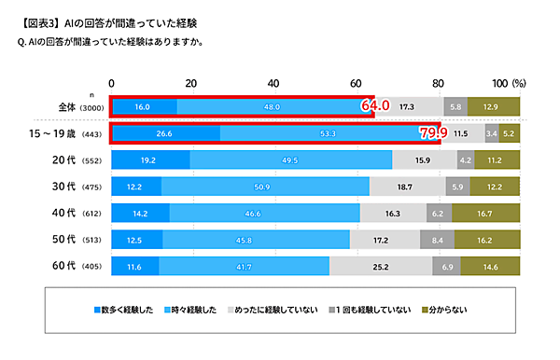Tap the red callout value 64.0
click(374, 106)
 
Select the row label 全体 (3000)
click(81, 108)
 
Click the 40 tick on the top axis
click(273, 81)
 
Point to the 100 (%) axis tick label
click(509, 81)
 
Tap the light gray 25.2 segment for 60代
click(381, 267)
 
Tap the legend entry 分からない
click(446, 309)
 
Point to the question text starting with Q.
click(122, 42)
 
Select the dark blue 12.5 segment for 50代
click(136, 240)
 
